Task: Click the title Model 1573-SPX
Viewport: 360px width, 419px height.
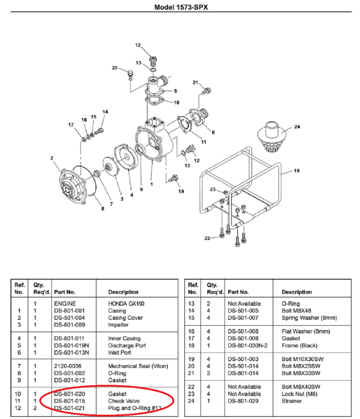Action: click(x=181, y=7)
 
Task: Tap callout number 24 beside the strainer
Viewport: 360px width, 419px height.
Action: click(x=297, y=127)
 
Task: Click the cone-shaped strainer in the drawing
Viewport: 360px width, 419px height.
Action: click(x=272, y=138)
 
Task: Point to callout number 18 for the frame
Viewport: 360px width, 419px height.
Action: click(x=296, y=171)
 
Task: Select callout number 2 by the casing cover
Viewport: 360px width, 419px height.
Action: click(x=52, y=158)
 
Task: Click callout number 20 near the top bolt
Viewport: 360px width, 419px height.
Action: click(x=114, y=68)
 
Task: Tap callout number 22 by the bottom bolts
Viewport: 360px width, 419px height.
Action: click(x=207, y=238)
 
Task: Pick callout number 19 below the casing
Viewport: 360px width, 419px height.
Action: click(x=181, y=191)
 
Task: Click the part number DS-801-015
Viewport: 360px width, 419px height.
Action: click(x=69, y=401)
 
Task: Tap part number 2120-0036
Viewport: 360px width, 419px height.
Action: click(x=68, y=366)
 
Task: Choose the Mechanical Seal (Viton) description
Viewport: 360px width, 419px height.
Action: click(x=138, y=366)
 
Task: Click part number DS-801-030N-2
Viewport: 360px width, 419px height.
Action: click(x=248, y=345)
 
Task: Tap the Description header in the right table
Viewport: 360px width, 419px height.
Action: click(x=297, y=292)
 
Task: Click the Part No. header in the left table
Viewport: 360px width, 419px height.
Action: click(x=64, y=292)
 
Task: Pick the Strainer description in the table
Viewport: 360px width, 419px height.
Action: click(x=292, y=401)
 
